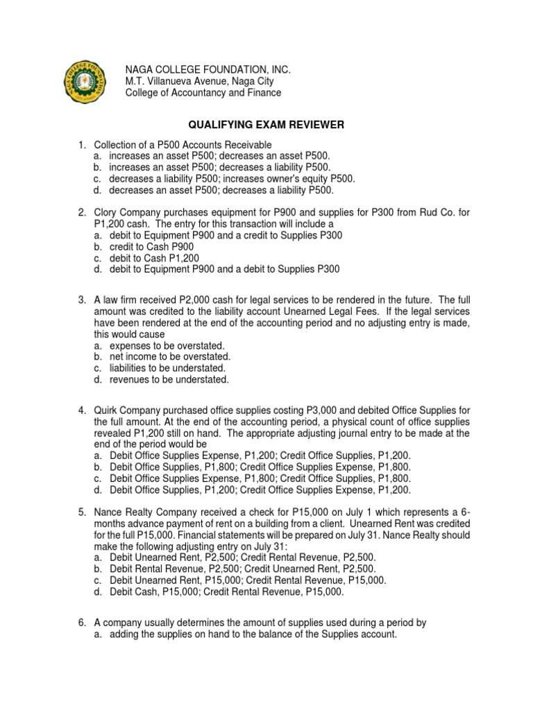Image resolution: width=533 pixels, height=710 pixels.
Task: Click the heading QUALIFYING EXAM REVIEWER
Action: tap(266, 125)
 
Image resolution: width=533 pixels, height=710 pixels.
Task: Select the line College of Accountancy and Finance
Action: tap(203, 92)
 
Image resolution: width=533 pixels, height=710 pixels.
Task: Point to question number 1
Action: tap(81, 144)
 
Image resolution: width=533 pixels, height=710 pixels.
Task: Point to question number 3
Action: tap(81, 302)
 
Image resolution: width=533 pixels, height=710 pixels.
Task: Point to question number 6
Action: tap(81, 622)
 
